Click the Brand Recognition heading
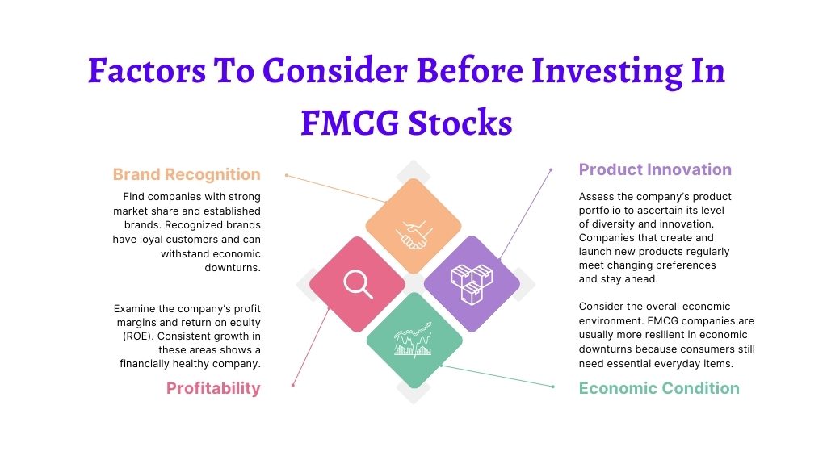pyautogui.click(x=187, y=174)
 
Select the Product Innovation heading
pyautogui.click(x=655, y=169)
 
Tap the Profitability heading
pyautogui.click(x=213, y=388)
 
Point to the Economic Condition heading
pyautogui.click(x=659, y=388)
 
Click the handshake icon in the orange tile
pyautogui.click(x=414, y=235)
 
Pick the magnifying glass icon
pyautogui.click(x=358, y=284)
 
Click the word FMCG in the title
pyautogui.click(x=350, y=123)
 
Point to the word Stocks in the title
pyautogui.click(x=460, y=123)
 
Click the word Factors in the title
pyautogui.click(x=147, y=71)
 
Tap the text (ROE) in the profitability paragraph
pyautogui.click(x=137, y=336)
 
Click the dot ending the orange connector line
pyautogui.click(x=287, y=175)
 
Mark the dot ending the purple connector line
pyautogui.click(x=551, y=170)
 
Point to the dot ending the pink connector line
pyautogui.click(x=292, y=385)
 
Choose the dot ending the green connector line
pyautogui.click(x=552, y=387)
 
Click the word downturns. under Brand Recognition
pyautogui.click(x=233, y=268)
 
